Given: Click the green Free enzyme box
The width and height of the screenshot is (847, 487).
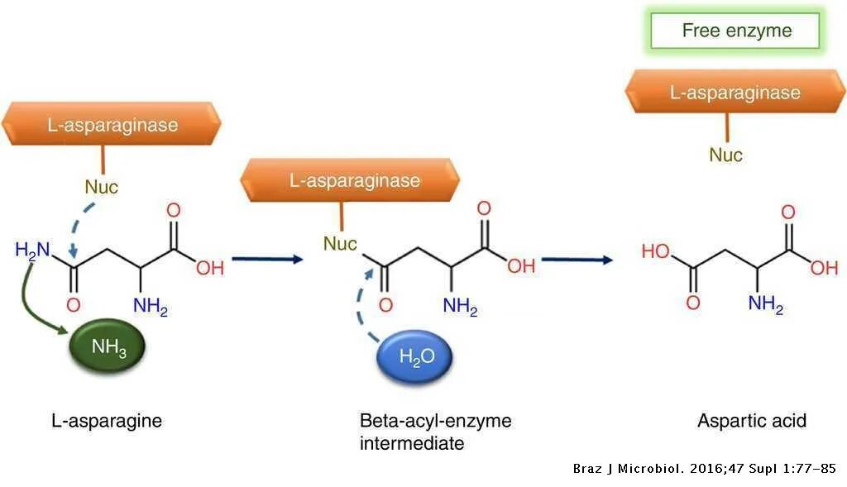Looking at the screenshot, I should click(x=736, y=31).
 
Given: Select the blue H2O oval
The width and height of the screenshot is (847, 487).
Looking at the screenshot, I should click(x=415, y=358).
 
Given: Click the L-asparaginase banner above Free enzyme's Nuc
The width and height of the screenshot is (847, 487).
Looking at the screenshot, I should click(x=735, y=92).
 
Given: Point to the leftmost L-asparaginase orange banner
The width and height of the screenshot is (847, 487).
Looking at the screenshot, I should click(x=112, y=125).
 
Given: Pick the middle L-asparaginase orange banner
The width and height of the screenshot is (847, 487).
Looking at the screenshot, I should click(x=354, y=180).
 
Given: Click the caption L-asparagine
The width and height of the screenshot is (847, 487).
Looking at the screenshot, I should click(x=107, y=421).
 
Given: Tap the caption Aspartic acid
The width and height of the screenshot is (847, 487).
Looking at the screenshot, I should click(x=751, y=421).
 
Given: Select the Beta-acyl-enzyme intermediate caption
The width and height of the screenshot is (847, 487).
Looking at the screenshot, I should click(x=435, y=432).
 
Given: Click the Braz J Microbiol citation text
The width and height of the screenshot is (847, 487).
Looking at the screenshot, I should click(x=704, y=469).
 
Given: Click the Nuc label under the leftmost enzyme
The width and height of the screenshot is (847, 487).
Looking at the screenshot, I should click(x=101, y=187).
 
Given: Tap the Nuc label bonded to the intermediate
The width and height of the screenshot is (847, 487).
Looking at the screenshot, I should click(x=340, y=244).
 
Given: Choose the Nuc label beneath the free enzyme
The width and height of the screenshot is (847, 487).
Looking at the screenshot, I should click(x=726, y=155).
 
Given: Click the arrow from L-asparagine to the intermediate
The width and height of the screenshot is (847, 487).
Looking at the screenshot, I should click(x=268, y=259).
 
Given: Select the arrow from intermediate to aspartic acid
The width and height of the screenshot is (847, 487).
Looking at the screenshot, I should click(x=577, y=259).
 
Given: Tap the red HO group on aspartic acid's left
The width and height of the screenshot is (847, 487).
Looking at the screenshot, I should click(x=655, y=251).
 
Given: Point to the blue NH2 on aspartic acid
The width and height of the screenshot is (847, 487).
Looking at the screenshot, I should click(x=765, y=303).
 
